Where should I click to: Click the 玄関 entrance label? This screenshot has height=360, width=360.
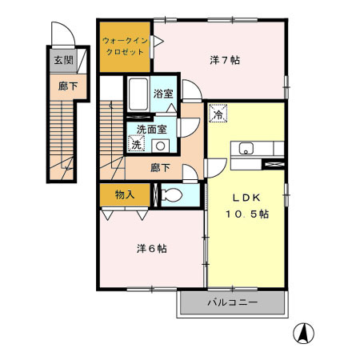(x=61, y=59)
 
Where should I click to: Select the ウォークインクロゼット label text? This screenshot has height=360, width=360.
(x=125, y=45)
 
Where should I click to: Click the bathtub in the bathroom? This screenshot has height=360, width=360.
(x=137, y=96)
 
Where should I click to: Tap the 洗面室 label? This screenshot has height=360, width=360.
(x=152, y=129)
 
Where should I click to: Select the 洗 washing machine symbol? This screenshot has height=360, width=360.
(x=137, y=145)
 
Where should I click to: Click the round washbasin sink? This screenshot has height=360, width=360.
(x=161, y=146)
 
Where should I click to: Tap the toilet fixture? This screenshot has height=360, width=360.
(x=171, y=194)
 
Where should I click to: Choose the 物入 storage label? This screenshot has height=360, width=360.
(x=124, y=194)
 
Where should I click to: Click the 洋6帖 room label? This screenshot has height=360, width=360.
(x=151, y=249)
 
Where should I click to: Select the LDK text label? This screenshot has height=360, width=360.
(x=246, y=198)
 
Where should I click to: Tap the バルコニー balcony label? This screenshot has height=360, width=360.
(x=231, y=303)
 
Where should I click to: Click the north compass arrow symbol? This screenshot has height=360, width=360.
(x=305, y=331)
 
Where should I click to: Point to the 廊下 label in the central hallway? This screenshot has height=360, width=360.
(x=160, y=168)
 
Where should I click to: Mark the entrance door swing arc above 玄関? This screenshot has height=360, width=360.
(x=60, y=36)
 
